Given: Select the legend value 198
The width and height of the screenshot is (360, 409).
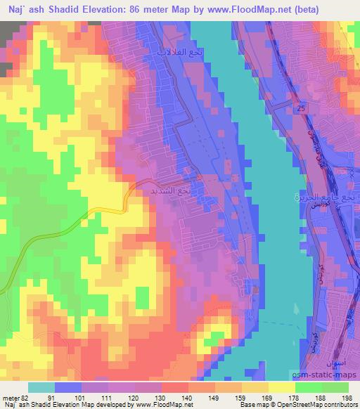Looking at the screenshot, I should pos(346,398).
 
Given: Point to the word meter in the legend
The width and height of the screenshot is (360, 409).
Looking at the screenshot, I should pos(8,398).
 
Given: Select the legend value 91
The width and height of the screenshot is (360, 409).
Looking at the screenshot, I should pos(50,398).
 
